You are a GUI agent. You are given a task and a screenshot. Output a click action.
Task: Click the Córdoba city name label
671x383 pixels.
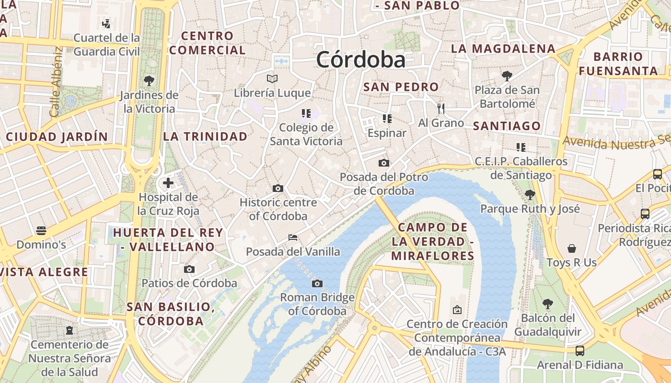pos(360,60)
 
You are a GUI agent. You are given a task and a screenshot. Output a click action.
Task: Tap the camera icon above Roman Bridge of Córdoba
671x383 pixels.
pos(317,283)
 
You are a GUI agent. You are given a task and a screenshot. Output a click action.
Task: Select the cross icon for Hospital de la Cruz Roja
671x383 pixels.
pos(168,182)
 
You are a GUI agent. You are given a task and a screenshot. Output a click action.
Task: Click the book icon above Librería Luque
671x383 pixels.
pos(272,79)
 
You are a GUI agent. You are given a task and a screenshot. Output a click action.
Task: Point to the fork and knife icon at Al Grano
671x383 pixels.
pos(441,109)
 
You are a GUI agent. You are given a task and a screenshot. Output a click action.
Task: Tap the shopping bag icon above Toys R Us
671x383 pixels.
pos(571,248)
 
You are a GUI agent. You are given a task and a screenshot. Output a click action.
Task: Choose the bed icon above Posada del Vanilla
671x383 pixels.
pos(293,237)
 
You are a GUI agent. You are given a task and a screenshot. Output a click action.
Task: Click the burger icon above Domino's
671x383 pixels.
pos(41,231)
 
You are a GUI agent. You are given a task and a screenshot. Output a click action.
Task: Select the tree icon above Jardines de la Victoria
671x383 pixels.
pos(149,80)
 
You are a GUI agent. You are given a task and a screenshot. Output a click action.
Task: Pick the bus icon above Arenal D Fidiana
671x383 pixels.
pos(580,350)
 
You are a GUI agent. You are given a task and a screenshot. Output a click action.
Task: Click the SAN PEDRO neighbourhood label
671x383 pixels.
pos(401,87)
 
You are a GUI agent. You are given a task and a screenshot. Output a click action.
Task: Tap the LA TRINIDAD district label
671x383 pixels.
pos(205,136)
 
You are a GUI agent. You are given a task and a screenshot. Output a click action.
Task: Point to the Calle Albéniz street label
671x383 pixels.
pos(56,81)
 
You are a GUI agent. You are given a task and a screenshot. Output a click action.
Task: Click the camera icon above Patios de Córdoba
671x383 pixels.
pos(189,269)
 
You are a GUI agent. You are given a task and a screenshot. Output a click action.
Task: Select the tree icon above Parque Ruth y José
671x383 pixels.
pos(530,194)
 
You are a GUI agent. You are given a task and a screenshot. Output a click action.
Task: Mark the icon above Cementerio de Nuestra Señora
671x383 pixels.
pos(69,330)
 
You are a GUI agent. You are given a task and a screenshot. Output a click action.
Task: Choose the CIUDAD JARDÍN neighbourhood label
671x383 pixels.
pos(57,137)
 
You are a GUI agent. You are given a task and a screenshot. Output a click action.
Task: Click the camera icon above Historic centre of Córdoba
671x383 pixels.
pos(278,188)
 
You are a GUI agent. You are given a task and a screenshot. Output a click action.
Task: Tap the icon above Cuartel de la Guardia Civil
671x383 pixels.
pos(106,23)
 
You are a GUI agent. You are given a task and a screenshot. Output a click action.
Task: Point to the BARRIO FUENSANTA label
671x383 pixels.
pos(618,64)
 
